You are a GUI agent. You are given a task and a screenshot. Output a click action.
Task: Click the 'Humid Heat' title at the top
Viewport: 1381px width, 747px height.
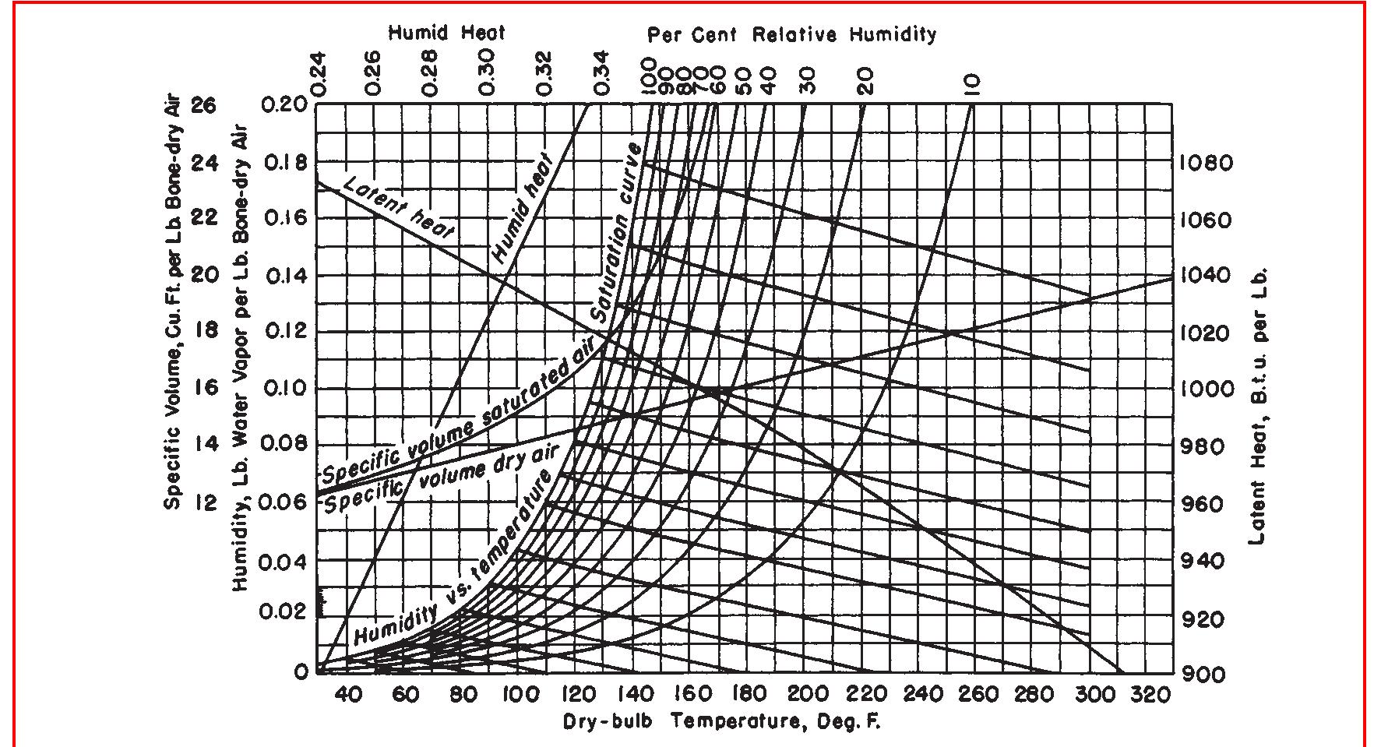coord(446,33)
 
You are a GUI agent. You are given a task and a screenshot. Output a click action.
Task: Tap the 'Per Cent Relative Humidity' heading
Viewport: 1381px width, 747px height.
coord(791,34)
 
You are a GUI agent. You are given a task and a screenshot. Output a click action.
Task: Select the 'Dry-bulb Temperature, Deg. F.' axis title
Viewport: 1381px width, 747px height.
coord(721,721)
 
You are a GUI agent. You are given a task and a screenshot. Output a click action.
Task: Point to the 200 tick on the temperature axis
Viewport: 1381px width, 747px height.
coord(808,693)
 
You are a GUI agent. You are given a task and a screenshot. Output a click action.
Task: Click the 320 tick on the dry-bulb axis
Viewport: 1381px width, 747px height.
coord(1150,693)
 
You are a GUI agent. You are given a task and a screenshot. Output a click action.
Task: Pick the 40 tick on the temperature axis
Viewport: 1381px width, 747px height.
coord(347,693)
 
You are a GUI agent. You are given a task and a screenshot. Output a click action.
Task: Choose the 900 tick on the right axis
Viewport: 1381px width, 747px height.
coord(1203,674)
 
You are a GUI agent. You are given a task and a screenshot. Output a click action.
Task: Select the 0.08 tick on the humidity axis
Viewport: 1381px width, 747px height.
coord(284,444)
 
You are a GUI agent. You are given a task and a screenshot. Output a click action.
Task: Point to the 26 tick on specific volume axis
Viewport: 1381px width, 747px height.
coord(203,104)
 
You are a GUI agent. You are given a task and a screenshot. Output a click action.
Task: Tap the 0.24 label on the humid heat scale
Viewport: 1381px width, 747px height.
coord(319,74)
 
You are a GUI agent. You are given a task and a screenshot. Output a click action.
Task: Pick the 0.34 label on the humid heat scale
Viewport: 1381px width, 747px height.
coord(601,74)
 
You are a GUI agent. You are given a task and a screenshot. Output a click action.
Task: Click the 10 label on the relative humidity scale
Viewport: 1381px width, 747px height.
coord(971,82)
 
